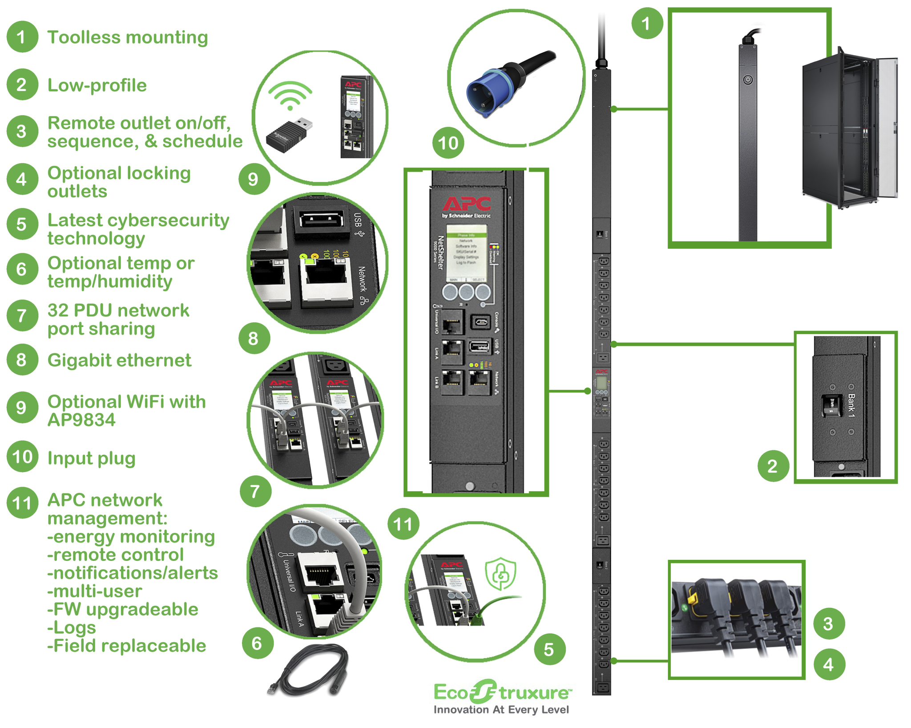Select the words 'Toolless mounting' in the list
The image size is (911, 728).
127,37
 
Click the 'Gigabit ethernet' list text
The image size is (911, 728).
119,360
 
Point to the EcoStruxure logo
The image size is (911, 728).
502,692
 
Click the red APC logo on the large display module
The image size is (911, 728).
466,204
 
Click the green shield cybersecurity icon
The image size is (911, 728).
500,574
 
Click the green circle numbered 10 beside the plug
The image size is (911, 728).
448,143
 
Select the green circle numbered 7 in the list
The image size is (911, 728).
22,316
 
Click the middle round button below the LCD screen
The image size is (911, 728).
466,292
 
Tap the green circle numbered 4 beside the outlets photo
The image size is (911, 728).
829,664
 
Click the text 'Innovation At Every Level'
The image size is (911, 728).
501,710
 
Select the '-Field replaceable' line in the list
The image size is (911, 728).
126,646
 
